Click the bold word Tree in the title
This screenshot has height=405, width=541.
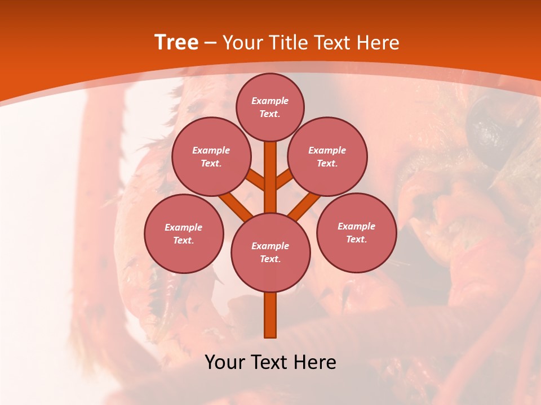coord(176,43)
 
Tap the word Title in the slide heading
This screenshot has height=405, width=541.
coord(287,43)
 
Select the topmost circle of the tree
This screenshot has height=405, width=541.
coord(270,107)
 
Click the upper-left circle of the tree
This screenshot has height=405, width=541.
coord(211,157)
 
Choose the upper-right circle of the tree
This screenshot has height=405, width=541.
coord(327,157)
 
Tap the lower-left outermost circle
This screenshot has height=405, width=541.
coord(184,233)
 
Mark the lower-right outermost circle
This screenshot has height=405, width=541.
coord(356,232)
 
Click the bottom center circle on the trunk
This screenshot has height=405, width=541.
coord(270,253)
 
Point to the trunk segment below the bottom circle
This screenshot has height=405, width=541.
coord(270,315)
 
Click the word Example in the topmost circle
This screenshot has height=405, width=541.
coord(270,101)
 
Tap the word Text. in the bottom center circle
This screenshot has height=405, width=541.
coord(270,259)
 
